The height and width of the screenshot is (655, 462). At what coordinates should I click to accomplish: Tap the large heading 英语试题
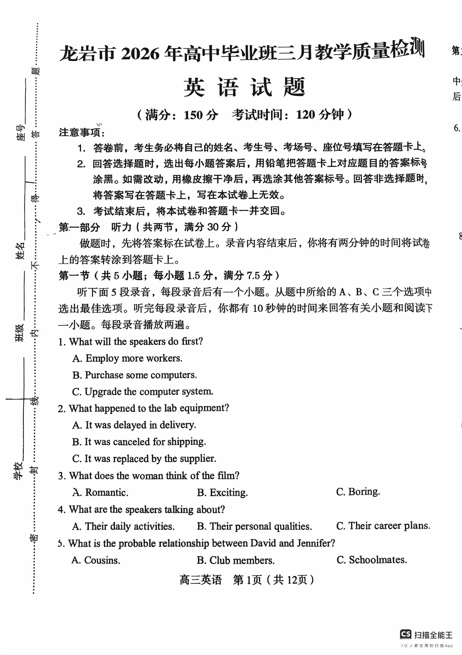click(x=244, y=87)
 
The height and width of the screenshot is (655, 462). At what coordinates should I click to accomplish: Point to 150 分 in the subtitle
click(x=201, y=115)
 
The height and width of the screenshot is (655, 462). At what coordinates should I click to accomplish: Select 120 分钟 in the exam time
click(x=320, y=115)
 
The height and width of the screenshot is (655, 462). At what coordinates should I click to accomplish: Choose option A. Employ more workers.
click(x=127, y=358)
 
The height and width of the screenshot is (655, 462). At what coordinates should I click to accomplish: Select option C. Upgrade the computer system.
click(x=143, y=392)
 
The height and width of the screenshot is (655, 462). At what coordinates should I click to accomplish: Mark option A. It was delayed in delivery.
click(x=134, y=425)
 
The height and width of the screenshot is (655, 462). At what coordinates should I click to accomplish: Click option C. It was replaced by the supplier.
click(x=144, y=459)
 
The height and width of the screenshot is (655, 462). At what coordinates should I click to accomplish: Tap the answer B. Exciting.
click(x=222, y=493)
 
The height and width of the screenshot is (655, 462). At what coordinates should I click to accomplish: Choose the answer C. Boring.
click(x=358, y=492)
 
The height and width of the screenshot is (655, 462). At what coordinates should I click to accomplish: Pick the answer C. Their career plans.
click(x=383, y=526)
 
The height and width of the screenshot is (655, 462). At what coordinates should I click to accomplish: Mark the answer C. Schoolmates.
click(x=372, y=560)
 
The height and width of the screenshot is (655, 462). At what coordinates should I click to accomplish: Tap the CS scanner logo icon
click(x=406, y=634)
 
